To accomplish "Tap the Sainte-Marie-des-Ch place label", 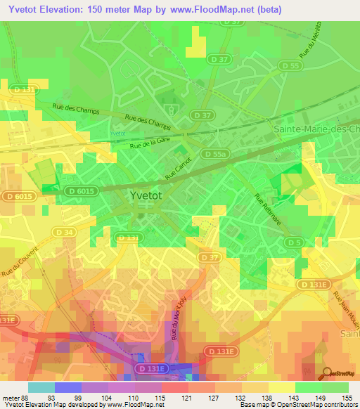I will point(315,129).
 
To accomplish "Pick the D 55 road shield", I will point(290,65).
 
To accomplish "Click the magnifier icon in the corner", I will point(328,375).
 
